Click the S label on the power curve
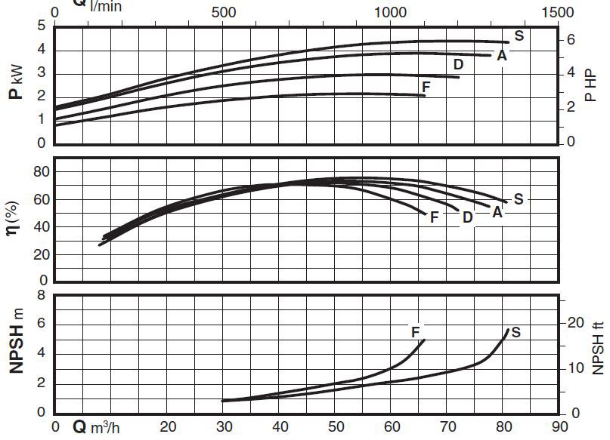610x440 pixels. pyautogui.click(x=519, y=35)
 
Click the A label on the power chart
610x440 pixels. pyautogui.click(x=502, y=56)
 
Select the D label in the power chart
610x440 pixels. pyautogui.click(x=458, y=65)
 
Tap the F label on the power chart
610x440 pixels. pyautogui.click(x=426, y=88)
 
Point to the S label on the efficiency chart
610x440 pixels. pyautogui.click(x=519, y=199)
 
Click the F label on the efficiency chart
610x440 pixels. pyautogui.click(x=435, y=217)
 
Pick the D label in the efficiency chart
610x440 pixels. pyautogui.click(x=468, y=217)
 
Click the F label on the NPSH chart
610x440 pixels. pyautogui.click(x=415, y=332)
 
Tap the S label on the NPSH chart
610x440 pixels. pyautogui.click(x=516, y=332)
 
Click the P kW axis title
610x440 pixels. pyautogui.click(x=15, y=84)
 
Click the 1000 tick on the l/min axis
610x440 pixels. pyautogui.click(x=390, y=13)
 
